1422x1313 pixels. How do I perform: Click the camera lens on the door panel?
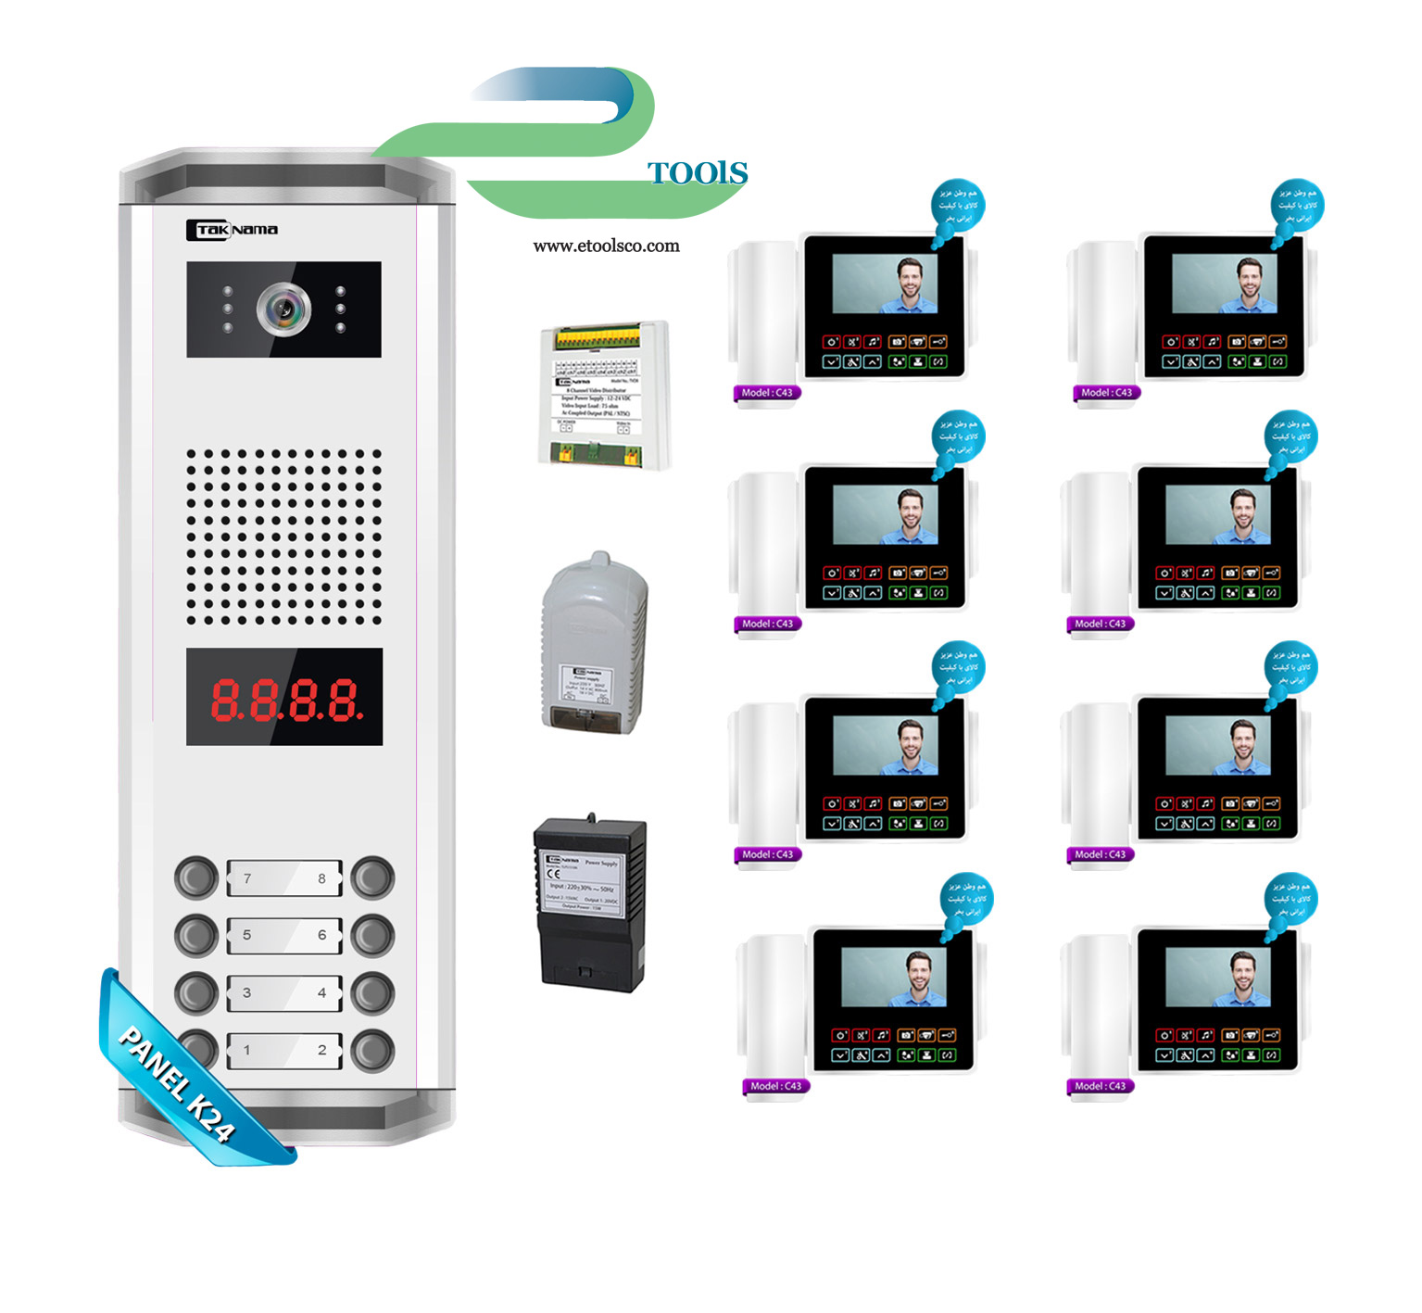click(283, 309)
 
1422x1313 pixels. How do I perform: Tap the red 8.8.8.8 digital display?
click(284, 697)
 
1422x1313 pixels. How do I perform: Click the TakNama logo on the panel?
click(233, 230)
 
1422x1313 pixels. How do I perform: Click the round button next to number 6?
click(372, 935)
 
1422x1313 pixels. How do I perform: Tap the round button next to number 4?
click(372, 992)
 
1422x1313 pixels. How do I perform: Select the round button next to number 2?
click(372, 1050)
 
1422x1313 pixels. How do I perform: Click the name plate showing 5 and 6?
click(284, 935)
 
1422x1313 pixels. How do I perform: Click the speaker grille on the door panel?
click(284, 537)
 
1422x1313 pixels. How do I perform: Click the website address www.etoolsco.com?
click(606, 246)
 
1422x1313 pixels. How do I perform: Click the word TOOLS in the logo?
click(697, 173)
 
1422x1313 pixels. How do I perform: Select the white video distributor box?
click(604, 395)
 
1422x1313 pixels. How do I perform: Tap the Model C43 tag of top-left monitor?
click(766, 393)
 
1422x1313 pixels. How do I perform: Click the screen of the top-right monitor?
click(1224, 284)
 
